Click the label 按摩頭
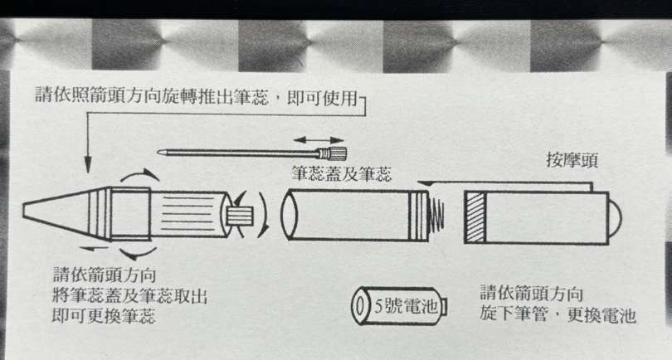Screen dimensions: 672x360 point(572,160)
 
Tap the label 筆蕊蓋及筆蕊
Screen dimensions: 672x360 point(342,173)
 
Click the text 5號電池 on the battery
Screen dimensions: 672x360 point(407,306)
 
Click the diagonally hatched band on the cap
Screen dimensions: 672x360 point(475,217)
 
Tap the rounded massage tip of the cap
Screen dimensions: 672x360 point(615,218)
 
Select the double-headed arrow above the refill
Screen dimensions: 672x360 point(319,140)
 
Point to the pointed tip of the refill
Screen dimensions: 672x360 point(159,152)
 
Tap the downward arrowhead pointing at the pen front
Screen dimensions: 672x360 point(88,164)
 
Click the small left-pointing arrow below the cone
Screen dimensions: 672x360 point(94,248)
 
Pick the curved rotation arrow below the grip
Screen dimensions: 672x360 point(138,254)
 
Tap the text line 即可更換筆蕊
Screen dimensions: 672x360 point(104,315)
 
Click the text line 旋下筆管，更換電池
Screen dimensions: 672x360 point(558,314)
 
